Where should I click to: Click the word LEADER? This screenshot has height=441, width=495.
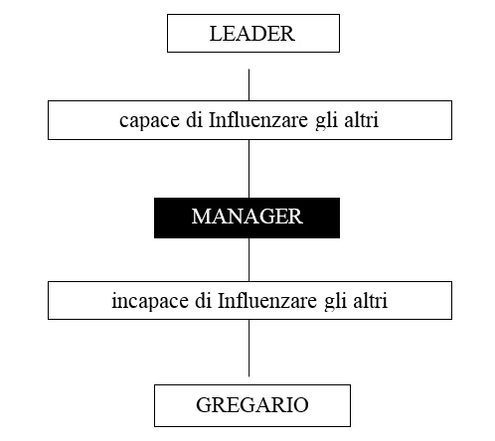[x=252, y=34]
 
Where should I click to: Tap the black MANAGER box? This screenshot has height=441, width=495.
[x=247, y=218]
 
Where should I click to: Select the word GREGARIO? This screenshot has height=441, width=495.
[x=252, y=404]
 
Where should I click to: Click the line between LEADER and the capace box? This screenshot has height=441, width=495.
[x=248, y=84]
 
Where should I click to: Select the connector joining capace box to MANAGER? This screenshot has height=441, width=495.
[x=248, y=169]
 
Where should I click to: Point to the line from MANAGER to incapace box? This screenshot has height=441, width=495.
[x=248, y=259]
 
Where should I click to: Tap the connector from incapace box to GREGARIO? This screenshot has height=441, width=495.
[x=248, y=348]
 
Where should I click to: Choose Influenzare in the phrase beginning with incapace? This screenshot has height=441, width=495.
[x=267, y=300]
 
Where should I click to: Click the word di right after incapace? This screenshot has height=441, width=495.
[x=203, y=300]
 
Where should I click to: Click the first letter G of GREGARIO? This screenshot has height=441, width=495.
[x=205, y=404]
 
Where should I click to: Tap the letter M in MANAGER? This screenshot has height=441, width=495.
[x=201, y=217]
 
